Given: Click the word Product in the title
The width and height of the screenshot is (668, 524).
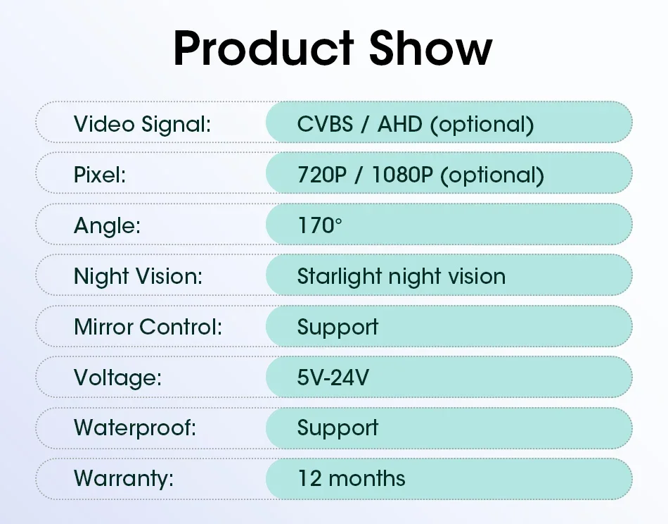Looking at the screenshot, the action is pos(264,48).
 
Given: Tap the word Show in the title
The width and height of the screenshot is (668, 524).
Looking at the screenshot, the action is pos(431,48).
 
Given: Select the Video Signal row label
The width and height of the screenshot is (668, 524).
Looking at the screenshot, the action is pos(142,125).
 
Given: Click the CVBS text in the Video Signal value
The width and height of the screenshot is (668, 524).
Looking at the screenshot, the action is pos(325,124).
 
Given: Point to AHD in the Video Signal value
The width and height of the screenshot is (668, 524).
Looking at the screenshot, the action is pos(400,124).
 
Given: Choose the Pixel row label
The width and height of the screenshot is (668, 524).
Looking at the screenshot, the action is pos(100,175).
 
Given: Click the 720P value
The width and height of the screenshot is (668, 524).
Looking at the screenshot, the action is pos(322,175).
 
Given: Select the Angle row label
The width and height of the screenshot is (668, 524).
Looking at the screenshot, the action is pos(107,226).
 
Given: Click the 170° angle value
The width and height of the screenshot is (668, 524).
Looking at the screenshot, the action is pos(319,226).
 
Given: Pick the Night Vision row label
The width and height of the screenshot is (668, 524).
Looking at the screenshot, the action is pos(138,277).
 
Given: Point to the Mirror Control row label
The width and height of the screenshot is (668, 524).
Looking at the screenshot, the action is pos(148,327).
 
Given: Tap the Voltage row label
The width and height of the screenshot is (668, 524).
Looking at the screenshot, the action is pos(117,378).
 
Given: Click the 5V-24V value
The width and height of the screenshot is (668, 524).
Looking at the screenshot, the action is pos(333,378).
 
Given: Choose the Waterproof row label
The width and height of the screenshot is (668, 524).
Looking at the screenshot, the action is pos(135,428).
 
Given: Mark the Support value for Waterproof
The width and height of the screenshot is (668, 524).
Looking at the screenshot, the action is pos(338,429).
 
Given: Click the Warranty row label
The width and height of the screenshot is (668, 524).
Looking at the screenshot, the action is pos(124,479).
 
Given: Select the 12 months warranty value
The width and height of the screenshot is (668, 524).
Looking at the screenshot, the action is pos(352,478).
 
